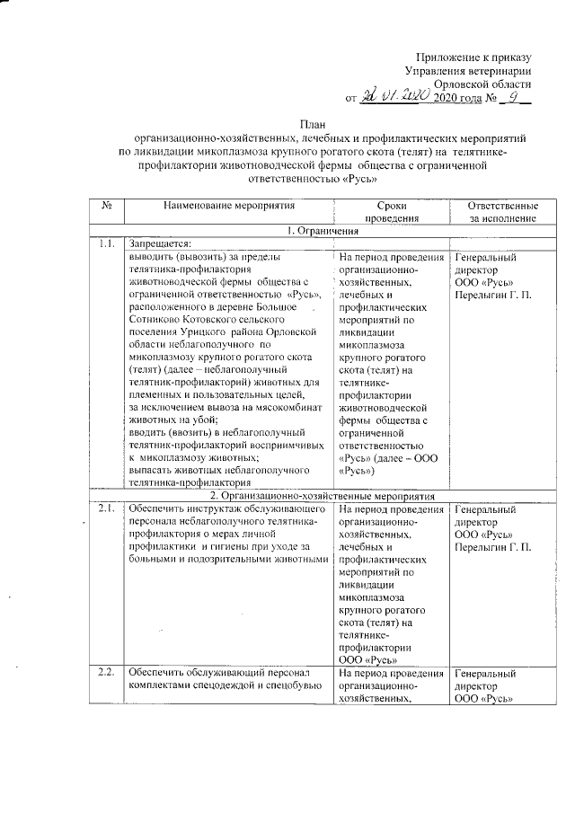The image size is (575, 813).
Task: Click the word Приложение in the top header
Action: point(453,56)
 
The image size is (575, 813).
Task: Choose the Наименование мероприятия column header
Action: point(227,206)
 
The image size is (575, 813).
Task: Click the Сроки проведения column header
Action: point(392,212)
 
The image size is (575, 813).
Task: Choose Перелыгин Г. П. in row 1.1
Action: point(493,294)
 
